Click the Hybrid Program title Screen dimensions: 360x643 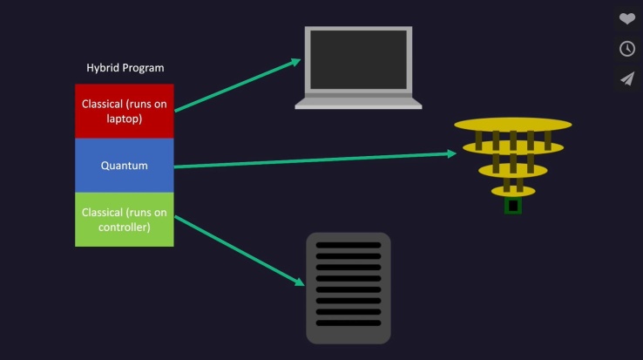click(125, 67)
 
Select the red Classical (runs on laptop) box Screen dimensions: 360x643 click(124, 111)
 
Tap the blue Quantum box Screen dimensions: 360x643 click(124, 165)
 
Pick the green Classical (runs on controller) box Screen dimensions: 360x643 click(124, 219)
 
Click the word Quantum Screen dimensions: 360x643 click(124, 165)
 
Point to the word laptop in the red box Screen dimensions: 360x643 click(125, 119)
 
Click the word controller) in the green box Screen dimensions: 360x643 click(124, 228)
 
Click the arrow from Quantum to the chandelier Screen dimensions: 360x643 click(314, 160)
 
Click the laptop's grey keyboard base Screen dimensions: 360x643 click(358, 102)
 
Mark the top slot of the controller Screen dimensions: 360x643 click(348, 246)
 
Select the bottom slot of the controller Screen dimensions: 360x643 click(348, 323)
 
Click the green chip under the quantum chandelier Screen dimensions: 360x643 click(513, 206)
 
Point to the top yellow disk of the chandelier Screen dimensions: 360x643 click(512, 124)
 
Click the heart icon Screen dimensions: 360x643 click(627, 18)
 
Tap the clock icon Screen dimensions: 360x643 click(627, 49)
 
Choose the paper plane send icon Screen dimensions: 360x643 click(627, 78)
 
